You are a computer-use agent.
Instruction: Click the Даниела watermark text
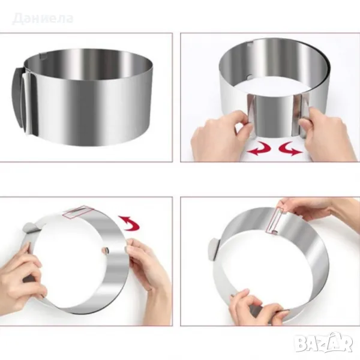pyautogui.click(x=43, y=19)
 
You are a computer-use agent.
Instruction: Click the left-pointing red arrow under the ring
pyautogui.click(x=259, y=149)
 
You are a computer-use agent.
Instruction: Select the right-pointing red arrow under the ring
pyautogui.click(x=290, y=149)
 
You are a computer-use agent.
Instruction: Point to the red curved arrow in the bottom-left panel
pyautogui.click(x=129, y=223)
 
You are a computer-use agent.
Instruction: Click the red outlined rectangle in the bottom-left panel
pyautogui.click(x=78, y=211)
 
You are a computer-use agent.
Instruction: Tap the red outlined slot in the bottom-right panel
pyautogui.click(x=272, y=220)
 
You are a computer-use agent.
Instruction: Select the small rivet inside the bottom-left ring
pyautogui.click(x=106, y=250)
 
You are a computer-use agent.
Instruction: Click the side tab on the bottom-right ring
pyautogui.click(x=214, y=250)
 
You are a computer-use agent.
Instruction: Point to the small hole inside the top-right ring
pyautogui.click(x=250, y=76)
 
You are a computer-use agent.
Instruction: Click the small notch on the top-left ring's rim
pyautogui.click(x=43, y=56)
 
